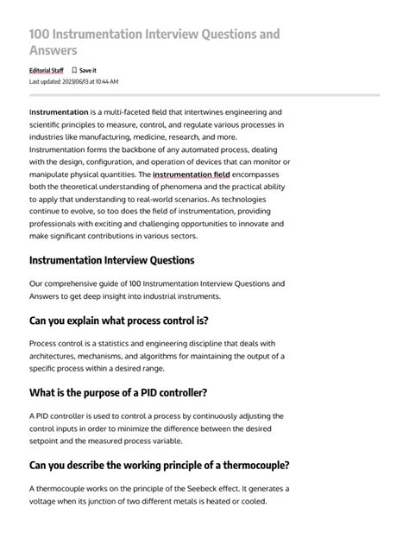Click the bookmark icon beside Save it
74,70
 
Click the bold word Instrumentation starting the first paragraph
59,112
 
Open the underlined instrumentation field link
191,175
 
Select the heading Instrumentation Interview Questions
111,260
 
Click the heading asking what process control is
118,321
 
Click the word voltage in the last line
47,501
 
